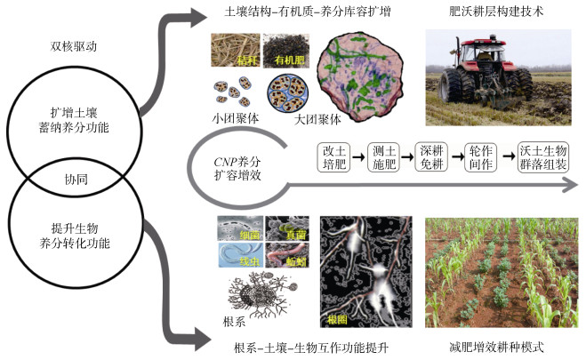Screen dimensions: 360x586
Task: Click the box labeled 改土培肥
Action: [334, 158]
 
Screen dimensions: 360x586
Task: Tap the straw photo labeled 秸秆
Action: [235, 52]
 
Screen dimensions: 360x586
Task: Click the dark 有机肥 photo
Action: [285, 52]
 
